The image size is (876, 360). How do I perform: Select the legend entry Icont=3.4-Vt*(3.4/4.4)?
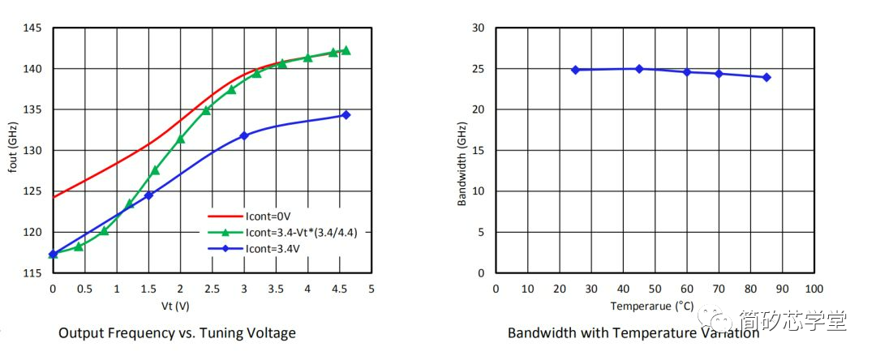301,232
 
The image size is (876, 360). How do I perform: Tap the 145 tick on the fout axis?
32,28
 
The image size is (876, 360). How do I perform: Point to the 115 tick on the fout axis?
32,273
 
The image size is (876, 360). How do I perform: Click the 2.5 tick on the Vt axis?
212,289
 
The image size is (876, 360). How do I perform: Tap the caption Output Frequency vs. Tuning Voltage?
177,333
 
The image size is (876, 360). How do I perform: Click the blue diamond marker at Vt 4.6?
346,115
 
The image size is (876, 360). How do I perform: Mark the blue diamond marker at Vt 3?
243,135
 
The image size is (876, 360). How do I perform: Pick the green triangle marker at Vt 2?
180,139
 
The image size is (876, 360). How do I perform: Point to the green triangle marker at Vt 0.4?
79,246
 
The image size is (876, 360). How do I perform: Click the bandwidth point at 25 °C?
575,70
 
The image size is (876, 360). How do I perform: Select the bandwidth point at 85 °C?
766,77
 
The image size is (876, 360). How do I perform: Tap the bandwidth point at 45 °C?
639,69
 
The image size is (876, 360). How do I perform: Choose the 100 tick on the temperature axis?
814,289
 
